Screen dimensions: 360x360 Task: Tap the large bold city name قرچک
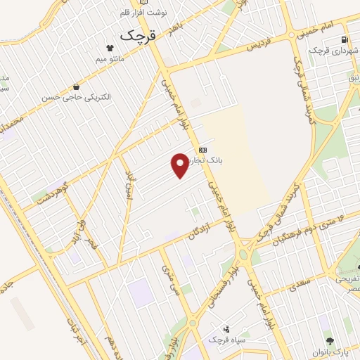(136, 34)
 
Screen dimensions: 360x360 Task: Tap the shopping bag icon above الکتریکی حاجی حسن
(75, 87)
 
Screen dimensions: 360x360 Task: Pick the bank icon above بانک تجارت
(202, 149)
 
